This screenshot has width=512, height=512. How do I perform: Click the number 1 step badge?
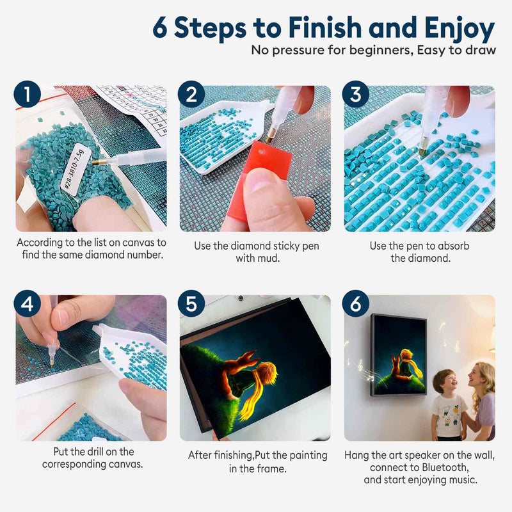pos(28,94)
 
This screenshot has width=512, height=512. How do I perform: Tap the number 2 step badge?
pos(191,94)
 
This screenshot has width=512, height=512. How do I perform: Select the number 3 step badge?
pos(356,94)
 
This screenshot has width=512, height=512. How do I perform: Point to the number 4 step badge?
pos(28,303)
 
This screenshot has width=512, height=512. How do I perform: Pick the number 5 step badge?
pos(191,303)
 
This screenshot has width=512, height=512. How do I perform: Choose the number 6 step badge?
pos(356,303)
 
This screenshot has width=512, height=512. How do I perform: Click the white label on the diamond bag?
pos(72,169)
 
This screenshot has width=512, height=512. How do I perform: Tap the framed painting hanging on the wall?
pos(399,355)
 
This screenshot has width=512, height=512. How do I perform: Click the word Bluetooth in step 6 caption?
pos(445,468)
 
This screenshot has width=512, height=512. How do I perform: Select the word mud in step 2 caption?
pos(271,259)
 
